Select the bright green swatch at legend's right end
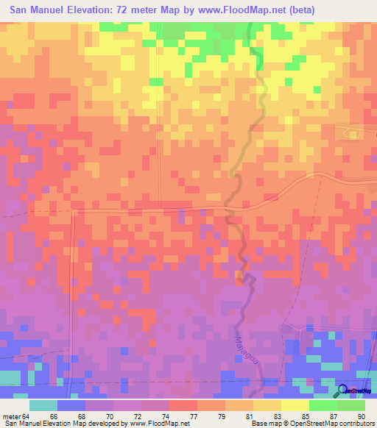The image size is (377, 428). point(351,405)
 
